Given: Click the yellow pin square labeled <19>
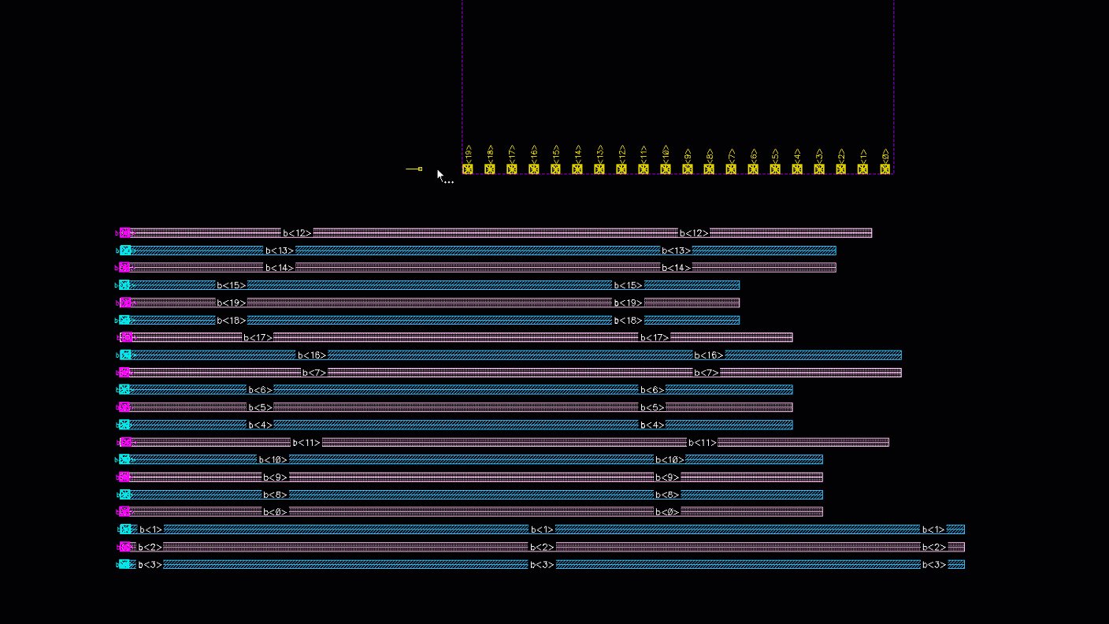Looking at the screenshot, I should click(x=468, y=169).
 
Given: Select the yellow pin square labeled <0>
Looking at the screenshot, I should click(x=885, y=169).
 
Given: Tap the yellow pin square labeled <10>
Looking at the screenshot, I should click(x=666, y=169).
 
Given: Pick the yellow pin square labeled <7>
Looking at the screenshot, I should click(x=731, y=169).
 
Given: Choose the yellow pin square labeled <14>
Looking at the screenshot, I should click(x=577, y=169).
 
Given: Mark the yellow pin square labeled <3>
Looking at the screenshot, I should click(x=819, y=169).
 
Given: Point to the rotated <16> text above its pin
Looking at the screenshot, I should click(x=534, y=153).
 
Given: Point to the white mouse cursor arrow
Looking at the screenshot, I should click(x=440, y=174).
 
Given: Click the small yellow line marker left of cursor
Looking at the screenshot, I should click(x=414, y=169).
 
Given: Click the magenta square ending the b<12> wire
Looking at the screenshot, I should click(x=125, y=232).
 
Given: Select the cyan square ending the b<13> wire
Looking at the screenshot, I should click(x=125, y=251).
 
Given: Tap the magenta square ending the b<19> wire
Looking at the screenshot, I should click(x=125, y=303).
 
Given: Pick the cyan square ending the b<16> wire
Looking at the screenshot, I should click(x=125, y=355).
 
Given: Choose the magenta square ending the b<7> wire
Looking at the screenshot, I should click(x=125, y=373).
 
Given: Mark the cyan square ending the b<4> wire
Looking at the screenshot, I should click(x=125, y=425).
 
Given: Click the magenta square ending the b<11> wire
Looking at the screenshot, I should click(x=125, y=442).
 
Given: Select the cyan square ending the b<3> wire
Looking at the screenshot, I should click(x=125, y=564).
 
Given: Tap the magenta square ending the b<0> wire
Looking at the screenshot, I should click(x=125, y=511).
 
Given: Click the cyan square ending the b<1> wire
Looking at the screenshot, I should click(x=125, y=529).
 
